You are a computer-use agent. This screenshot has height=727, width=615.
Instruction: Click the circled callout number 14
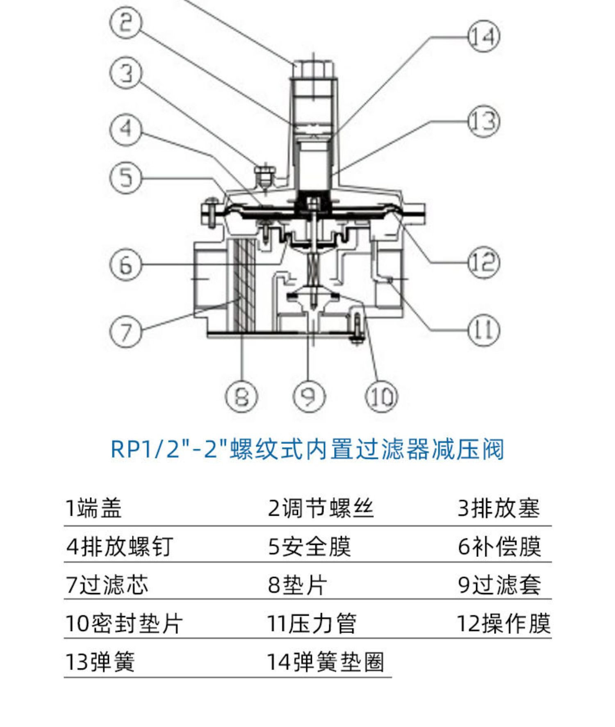tap(484, 36)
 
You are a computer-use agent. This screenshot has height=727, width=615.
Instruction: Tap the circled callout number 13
tap(484, 122)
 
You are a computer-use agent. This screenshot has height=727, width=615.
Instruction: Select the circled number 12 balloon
tap(484, 262)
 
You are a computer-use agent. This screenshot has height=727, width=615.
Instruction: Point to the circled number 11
tap(484, 330)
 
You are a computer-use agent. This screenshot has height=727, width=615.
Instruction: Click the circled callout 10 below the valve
tap(381, 397)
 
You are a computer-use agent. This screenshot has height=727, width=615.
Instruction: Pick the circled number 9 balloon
tap(309, 397)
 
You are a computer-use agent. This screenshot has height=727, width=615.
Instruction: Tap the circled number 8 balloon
tap(241, 397)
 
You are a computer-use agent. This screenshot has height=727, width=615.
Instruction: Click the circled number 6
tap(126, 265)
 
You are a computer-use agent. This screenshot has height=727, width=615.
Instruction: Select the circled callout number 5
tap(126, 178)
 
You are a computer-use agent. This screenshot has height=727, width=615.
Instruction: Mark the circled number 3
tap(126, 73)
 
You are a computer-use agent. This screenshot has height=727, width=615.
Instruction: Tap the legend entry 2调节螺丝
tap(321, 508)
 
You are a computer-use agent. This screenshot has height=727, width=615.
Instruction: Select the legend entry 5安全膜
tap(310, 547)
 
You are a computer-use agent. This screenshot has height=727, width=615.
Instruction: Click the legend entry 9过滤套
tap(499, 585)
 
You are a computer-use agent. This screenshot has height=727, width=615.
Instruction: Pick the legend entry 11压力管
tap(312, 623)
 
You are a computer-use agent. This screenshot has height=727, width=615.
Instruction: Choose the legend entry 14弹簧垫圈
tap(326, 662)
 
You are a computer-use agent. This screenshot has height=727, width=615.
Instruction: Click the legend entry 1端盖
tap(94, 508)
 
